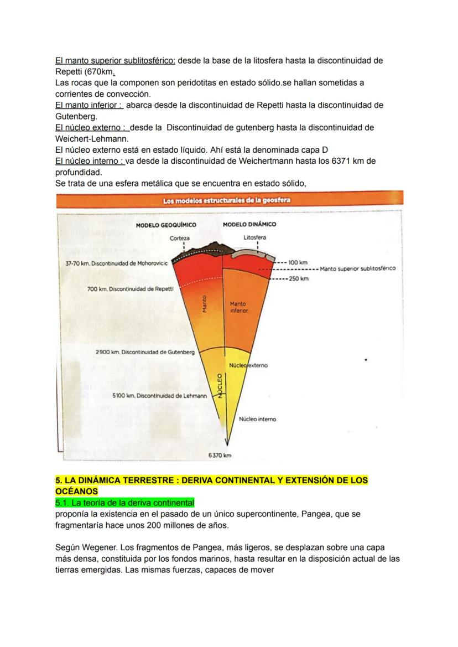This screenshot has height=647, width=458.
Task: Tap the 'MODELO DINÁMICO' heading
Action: pos(249,225)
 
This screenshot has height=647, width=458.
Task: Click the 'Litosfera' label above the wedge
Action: pos(254,238)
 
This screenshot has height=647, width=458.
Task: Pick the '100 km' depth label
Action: pos(298,262)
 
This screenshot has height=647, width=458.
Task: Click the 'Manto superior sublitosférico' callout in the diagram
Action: pos(358,269)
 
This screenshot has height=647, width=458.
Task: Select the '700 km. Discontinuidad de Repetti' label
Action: pos(131,289)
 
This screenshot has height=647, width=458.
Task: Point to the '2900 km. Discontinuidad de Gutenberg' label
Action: pos(145,352)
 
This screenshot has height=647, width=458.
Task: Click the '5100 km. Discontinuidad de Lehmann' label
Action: pos(159,396)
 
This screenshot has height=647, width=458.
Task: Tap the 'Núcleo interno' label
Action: pos(257,420)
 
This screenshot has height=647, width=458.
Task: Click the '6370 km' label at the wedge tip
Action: pos(220,456)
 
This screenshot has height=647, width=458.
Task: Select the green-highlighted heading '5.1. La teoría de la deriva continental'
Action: pos(125,503)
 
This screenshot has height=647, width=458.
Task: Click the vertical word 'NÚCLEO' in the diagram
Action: pos(219,385)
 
